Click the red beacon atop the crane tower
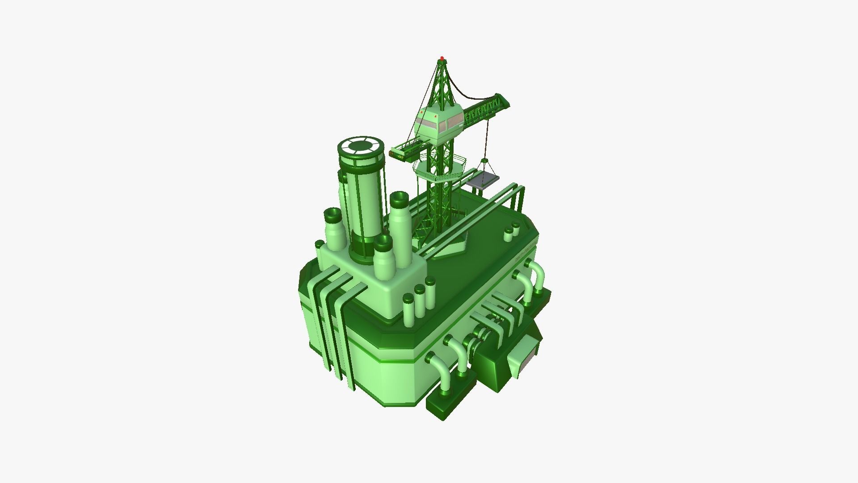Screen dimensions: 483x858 tap(442, 58)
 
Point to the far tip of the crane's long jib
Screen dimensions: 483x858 tap(507, 101)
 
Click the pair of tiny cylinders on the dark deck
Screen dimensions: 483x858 tap(512, 232)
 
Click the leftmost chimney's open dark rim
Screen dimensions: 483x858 tap(332, 215)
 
